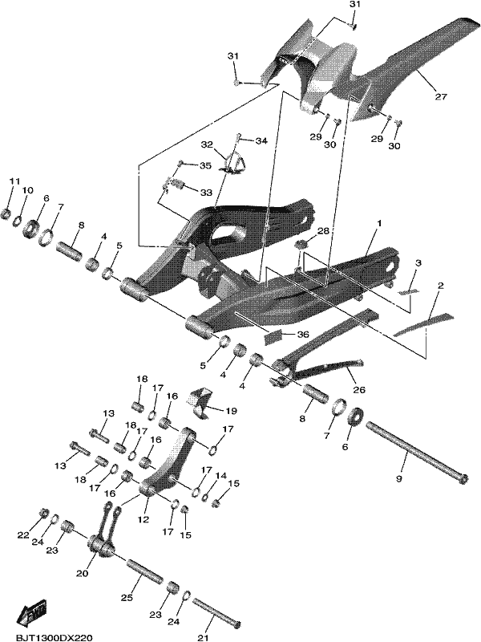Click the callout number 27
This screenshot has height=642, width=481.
442,97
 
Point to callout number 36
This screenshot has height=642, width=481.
303,335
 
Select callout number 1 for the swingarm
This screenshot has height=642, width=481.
379,224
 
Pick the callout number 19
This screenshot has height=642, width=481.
231,410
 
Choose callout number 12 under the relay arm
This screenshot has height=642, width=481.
143,519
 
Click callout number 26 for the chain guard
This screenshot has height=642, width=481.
358,389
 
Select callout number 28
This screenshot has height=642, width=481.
323,232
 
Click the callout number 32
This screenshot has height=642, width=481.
208,144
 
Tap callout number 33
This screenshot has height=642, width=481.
206,193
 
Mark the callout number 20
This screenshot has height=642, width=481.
83,574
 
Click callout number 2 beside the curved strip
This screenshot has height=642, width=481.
440,286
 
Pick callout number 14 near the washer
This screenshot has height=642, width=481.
221,475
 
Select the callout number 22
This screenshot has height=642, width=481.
23,535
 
